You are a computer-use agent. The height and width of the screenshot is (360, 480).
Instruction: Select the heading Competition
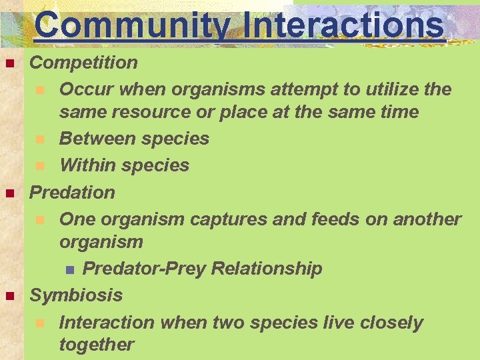84,63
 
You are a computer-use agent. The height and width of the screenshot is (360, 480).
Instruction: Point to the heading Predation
73,193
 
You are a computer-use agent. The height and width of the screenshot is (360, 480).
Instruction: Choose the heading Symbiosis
77,295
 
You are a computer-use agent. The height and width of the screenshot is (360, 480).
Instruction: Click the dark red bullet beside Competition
9,64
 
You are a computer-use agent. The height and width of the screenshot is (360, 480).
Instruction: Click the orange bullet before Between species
41,140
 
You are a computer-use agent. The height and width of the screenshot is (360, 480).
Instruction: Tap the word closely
391,323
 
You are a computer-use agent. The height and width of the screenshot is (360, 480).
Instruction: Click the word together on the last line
97,345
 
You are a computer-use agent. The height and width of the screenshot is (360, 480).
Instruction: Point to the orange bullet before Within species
41,166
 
